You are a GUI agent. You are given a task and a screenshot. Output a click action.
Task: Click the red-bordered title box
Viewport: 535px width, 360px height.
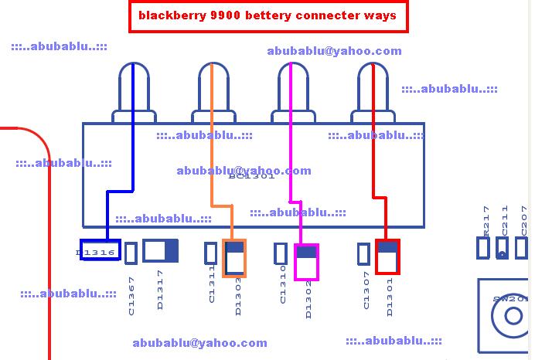(x=267, y=15)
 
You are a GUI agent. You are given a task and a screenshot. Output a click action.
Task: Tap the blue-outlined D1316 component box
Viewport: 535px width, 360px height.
(x=97, y=252)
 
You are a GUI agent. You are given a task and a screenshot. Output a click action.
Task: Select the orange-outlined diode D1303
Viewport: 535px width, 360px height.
(x=234, y=258)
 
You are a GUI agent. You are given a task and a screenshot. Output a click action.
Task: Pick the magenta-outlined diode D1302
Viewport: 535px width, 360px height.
(x=306, y=263)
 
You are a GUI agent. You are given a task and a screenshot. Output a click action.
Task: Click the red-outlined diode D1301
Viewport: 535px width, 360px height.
(x=387, y=256)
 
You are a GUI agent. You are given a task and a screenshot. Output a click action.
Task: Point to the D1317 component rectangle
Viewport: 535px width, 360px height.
(x=160, y=251)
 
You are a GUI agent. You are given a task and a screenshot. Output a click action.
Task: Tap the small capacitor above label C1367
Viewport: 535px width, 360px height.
(x=131, y=253)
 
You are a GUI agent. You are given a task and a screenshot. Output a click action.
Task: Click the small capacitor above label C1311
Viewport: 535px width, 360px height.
(x=210, y=253)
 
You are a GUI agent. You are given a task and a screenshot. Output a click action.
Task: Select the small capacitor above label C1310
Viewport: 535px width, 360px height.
(x=282, y=253)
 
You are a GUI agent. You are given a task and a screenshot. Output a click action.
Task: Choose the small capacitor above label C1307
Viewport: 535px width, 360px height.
(x=363, y=253)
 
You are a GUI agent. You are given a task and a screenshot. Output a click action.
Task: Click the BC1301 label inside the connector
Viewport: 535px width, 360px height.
(x=251, y=177)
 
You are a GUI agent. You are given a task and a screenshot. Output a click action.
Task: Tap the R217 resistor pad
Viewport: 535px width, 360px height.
(x=483, y=248)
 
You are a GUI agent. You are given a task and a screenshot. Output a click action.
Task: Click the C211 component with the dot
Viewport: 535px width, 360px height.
(x=503, y=248)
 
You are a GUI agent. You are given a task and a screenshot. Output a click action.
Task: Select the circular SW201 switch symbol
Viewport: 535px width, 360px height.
(x=513, y=316)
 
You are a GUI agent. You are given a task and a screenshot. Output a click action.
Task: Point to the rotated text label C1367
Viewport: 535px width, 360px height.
(x=131, y=297)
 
